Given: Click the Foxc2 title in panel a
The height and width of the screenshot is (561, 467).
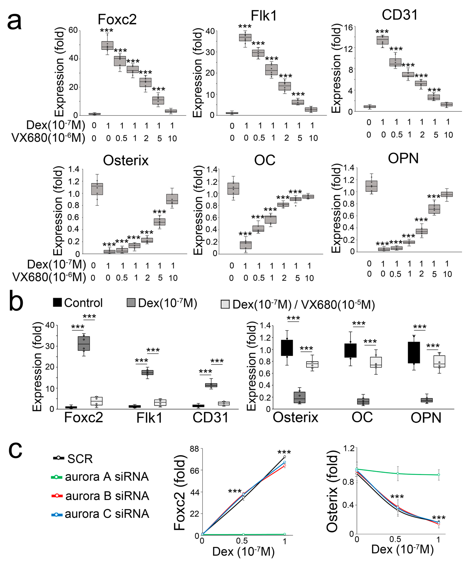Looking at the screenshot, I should coord(117,19).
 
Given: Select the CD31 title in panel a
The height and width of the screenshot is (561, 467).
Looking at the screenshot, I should coord(399,15).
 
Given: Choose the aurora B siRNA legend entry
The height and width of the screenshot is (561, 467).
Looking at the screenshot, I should coord(100,496).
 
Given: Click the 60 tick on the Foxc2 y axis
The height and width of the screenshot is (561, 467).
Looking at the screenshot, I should coord(73,30).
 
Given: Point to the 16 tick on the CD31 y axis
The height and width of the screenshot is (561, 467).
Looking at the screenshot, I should coord(348,27).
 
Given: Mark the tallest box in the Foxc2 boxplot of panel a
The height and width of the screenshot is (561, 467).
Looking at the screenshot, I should coord(107,45).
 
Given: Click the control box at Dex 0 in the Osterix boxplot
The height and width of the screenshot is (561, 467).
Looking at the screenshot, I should coord(97,189).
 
